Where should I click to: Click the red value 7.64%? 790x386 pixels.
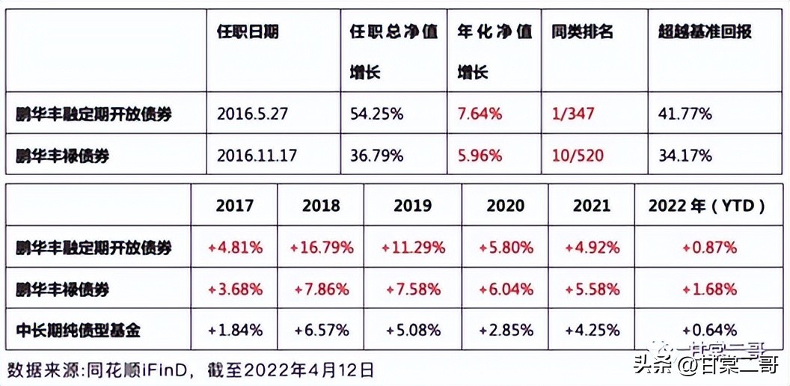(480, 114)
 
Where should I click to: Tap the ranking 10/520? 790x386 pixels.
(577, 156)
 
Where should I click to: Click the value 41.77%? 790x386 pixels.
(685, 114)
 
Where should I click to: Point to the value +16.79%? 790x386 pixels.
(321, 247)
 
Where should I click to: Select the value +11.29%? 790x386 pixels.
(412, 247)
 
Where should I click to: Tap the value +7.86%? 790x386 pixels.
(321, 289)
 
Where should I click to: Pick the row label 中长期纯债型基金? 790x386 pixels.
(79, 329)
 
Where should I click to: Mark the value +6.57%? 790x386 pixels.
(321, 329)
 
